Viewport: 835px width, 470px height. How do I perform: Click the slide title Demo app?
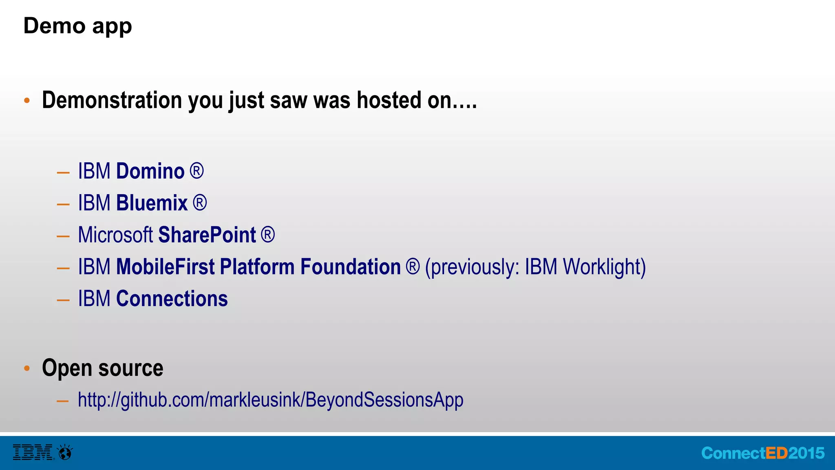(77, 26)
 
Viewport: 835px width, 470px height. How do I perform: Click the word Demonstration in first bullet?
(112, 100)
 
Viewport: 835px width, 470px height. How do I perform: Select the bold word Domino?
(150, 171)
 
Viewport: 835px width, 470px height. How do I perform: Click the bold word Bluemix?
(152, 203)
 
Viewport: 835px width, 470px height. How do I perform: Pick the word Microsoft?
(115, 235)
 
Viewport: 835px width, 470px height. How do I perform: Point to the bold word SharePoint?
(207, 235)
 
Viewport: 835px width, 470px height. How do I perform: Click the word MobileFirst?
(165, 267)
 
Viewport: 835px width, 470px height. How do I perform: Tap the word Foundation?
(350, 267)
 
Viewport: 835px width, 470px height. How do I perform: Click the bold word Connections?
(172, 299)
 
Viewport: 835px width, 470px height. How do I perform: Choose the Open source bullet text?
(102, 368)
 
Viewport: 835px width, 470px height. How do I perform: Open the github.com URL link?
(270, 400)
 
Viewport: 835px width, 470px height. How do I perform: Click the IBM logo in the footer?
(33, 452)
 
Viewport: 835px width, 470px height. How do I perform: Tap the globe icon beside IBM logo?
(65, 452)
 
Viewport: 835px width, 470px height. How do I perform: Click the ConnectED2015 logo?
(762, 453)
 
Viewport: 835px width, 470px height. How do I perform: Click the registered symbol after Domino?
(197, 171)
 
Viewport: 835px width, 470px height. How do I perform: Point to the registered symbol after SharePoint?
(267, 235)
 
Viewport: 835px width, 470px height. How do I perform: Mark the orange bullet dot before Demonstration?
(27, 100)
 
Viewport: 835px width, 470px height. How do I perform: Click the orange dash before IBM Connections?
(63, 300)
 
